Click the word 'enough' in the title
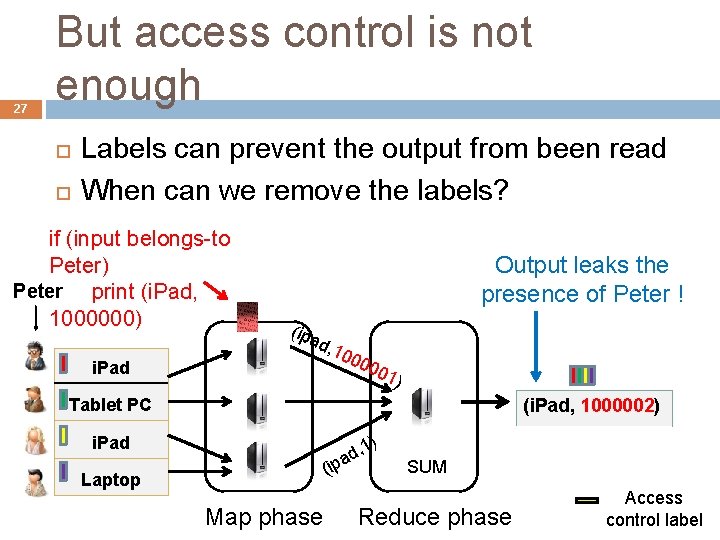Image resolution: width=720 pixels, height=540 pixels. tap(129, 86)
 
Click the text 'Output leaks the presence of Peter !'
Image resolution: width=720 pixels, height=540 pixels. tap(582, 279)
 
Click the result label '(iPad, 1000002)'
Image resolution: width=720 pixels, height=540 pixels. tap(592, 407)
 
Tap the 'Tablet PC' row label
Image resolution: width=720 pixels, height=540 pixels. tap(110, 405)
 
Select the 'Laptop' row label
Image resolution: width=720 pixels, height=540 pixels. tap(110, 480)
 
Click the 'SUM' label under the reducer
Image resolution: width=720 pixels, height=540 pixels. tap(427, 467)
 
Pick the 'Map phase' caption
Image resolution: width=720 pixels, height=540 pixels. tap(264, 517)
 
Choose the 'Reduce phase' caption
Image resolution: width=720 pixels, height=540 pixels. tap(435, 517)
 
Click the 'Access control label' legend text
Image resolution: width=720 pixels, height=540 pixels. tap(654, 508)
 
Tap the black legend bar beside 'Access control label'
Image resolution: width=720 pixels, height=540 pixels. tap(587, 500)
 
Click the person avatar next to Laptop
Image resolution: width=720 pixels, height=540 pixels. tap(36, 480)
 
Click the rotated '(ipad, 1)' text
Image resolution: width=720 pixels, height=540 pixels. tap(351, 455)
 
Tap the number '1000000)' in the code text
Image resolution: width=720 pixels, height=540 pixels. tap(96, 319)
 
